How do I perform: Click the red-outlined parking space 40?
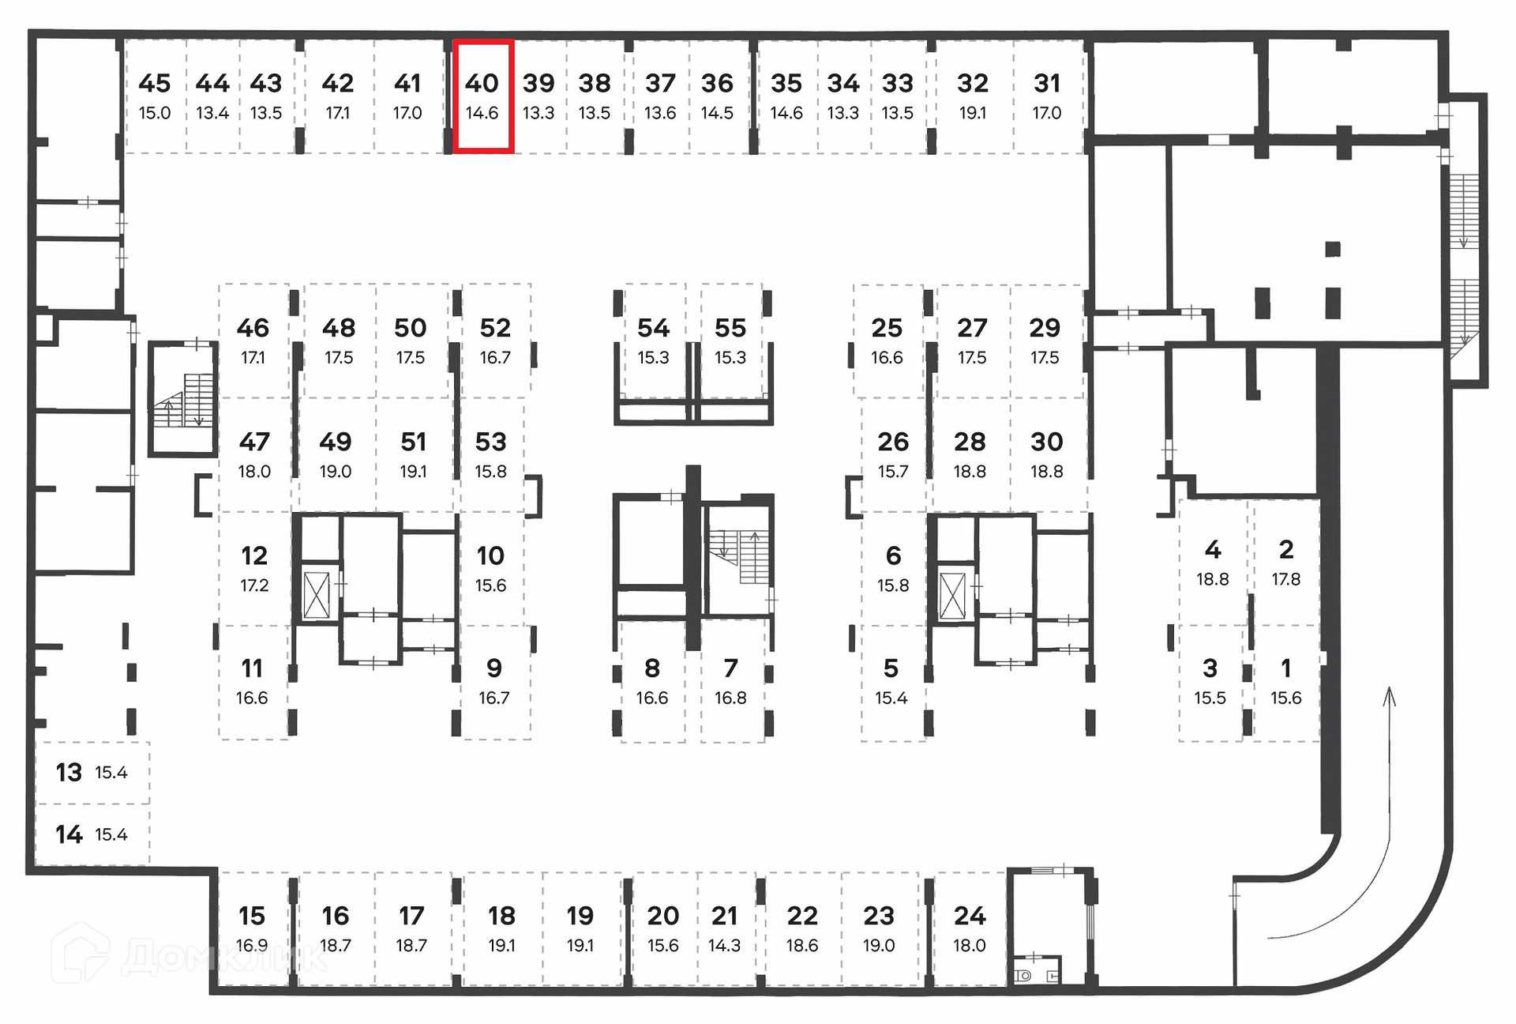tap(482, 96)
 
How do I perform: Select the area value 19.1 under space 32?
tap(972, 113)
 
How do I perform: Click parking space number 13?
tap(69, 772)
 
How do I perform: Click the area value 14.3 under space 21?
tap(724, 946)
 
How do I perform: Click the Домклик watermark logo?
tap(189, 955)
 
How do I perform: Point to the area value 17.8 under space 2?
tap(1285, 579)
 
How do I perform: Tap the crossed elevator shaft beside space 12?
tap(317, 594)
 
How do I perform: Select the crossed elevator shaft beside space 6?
tap(952, 595)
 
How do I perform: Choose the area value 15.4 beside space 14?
tap(111, 834)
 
